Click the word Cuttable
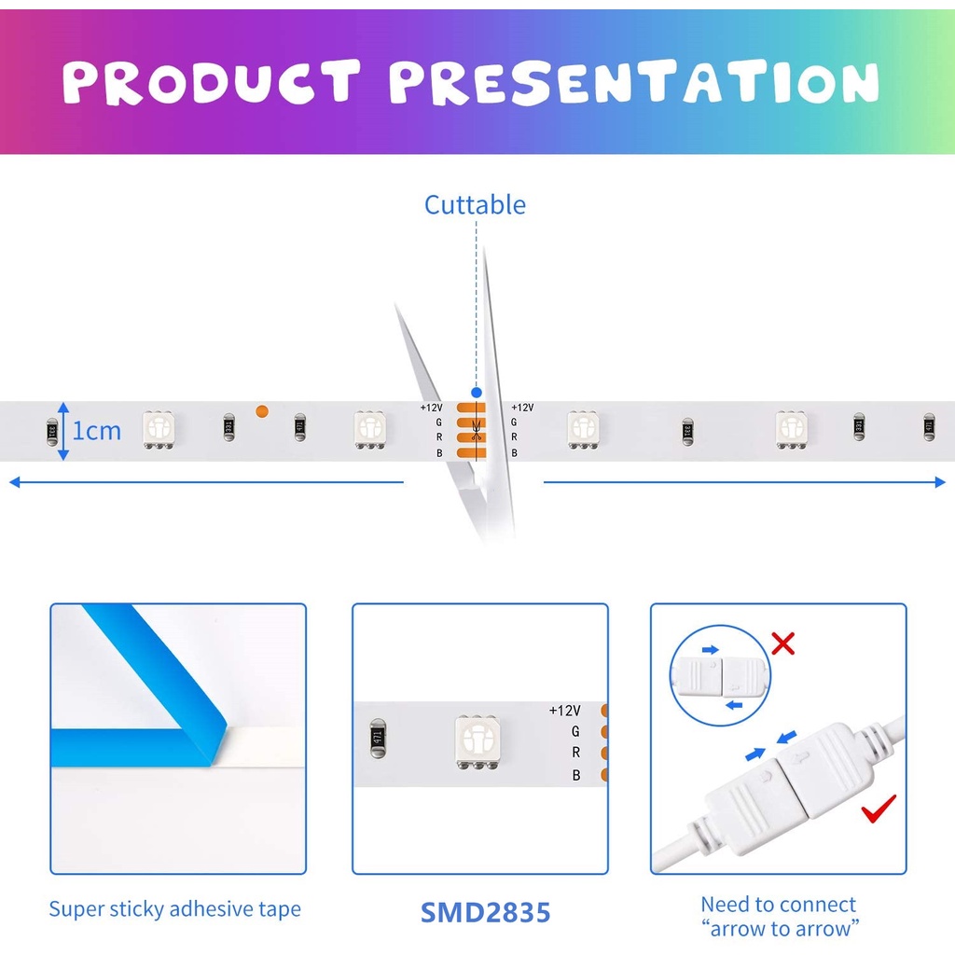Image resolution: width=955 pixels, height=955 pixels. tap(475, 205)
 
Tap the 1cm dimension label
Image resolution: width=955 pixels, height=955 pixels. tap(96, 431)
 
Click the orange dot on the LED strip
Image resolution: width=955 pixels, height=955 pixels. tap(262, 411)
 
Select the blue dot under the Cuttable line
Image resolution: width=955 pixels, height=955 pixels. tap(477, 393)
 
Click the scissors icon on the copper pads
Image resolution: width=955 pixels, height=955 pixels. tap(476, 430)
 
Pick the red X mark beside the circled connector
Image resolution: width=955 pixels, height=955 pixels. tap(782, 644)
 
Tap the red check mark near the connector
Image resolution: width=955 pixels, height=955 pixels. tap(879, 809)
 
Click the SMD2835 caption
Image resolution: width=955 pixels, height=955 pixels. tap(485, 912)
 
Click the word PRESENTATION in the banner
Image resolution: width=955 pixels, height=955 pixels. tap(634, 82)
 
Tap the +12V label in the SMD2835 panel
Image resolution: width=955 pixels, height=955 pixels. tap(564, 710)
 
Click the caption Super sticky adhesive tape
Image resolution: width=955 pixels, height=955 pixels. tap(174, 908)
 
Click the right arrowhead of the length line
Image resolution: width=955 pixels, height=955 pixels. tap(940, 482)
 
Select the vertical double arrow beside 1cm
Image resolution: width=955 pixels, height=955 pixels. tap(63, 431)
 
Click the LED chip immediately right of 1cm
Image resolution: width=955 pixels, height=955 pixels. tap(159, 429)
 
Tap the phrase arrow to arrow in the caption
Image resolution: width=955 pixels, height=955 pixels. tap(781, 929)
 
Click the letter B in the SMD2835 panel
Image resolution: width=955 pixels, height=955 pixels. tap(575, 775)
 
